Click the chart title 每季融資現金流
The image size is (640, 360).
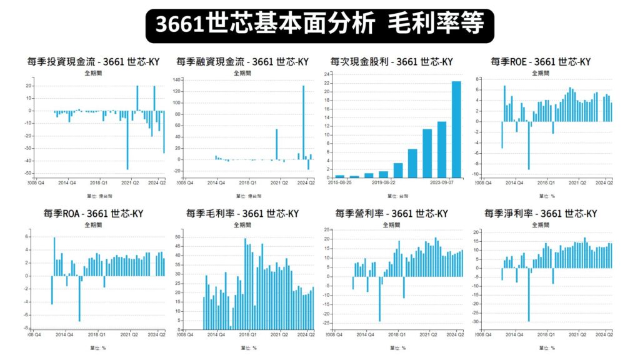coord(242,61)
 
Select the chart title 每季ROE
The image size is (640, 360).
coord(540,61)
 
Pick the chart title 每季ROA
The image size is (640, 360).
coord(94,213)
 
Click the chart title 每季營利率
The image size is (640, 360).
coord(391,213)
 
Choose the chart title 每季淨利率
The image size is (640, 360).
coord(540,213)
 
